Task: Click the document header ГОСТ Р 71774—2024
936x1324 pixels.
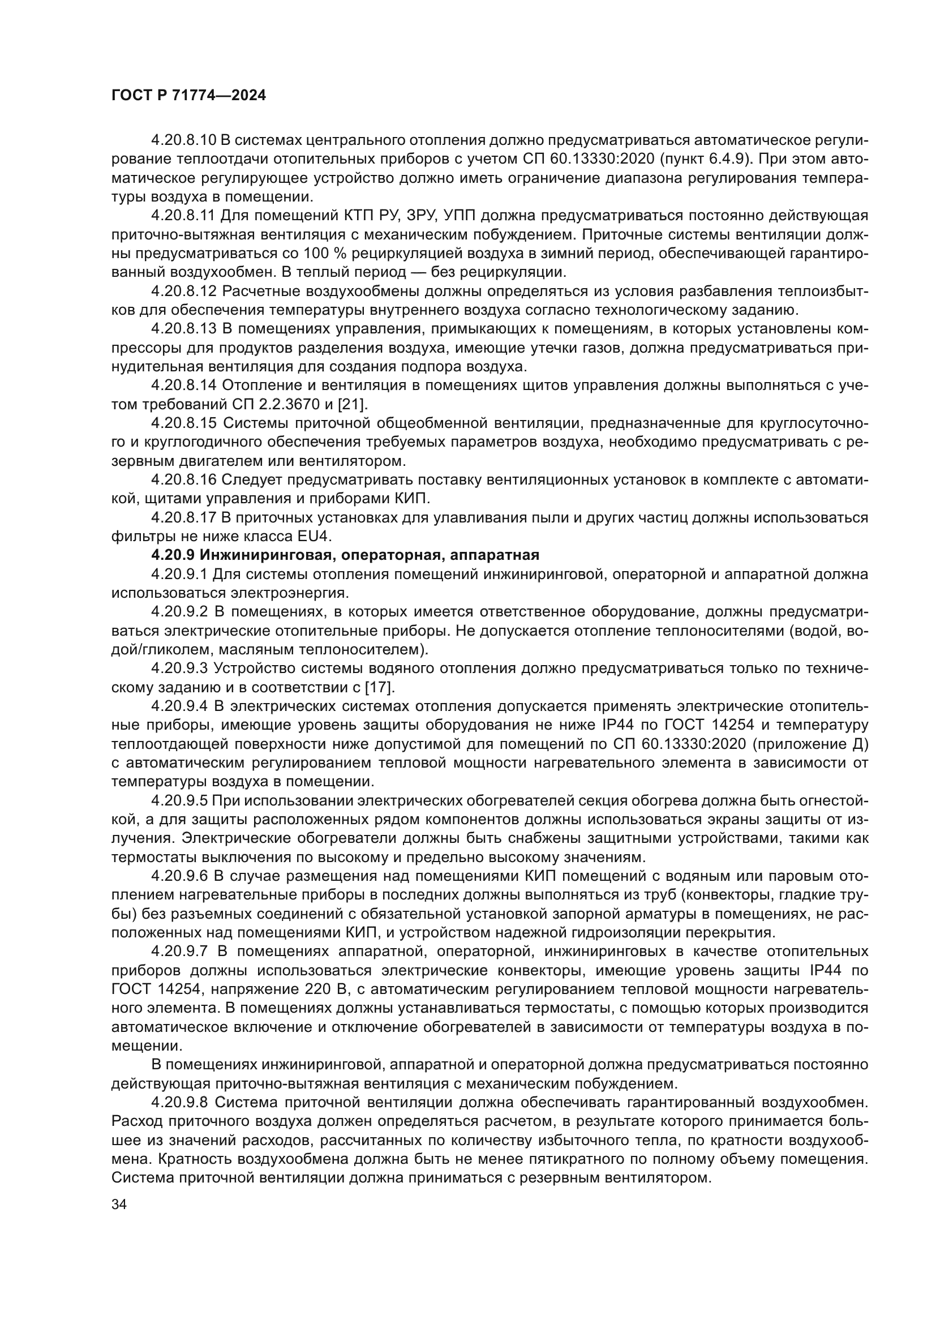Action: click(188, 96)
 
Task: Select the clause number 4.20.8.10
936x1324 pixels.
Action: click(183, 140)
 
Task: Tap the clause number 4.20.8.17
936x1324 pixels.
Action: click(183, 517)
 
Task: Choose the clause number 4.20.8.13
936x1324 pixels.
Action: click(183, 329)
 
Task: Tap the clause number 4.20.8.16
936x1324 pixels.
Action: click(183, 480)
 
